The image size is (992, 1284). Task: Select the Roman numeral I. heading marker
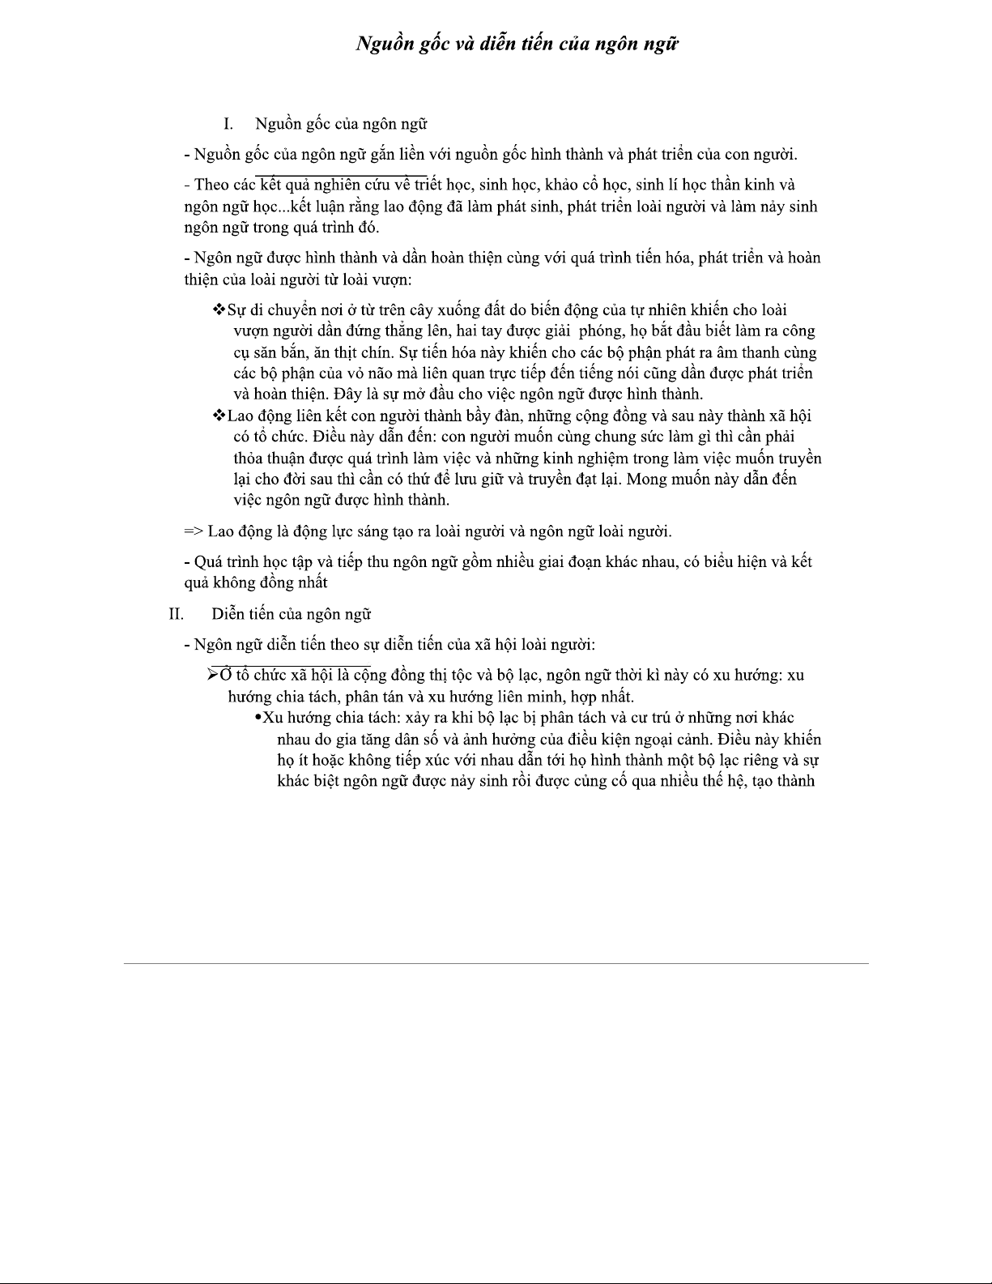pyautogui.click(x=228, y=124)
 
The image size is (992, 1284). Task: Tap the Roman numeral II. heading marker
pyautogui.click(x=177, y=613)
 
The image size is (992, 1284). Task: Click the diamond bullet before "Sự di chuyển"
pyautogui.click(x=219, y=309)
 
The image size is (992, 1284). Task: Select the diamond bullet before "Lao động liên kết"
pyautogui.click(x=219, y=416)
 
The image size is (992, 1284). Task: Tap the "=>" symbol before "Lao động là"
pyautogui.click(x=194, y=531)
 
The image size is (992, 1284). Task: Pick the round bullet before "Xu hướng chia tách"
pyautogui.click(x=258, y=718)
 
